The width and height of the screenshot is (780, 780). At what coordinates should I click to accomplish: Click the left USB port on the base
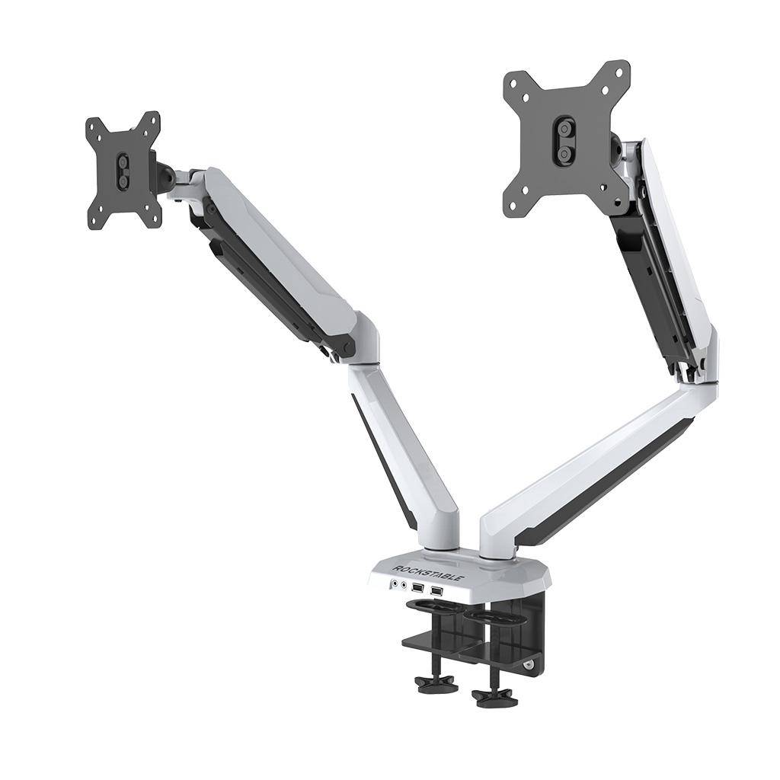[417, 588]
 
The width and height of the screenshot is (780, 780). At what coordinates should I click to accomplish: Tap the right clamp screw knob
[488, 695]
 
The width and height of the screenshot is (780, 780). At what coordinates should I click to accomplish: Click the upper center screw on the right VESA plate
[564, 130]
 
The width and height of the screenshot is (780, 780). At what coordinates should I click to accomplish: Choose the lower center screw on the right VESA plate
[564, 153]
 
